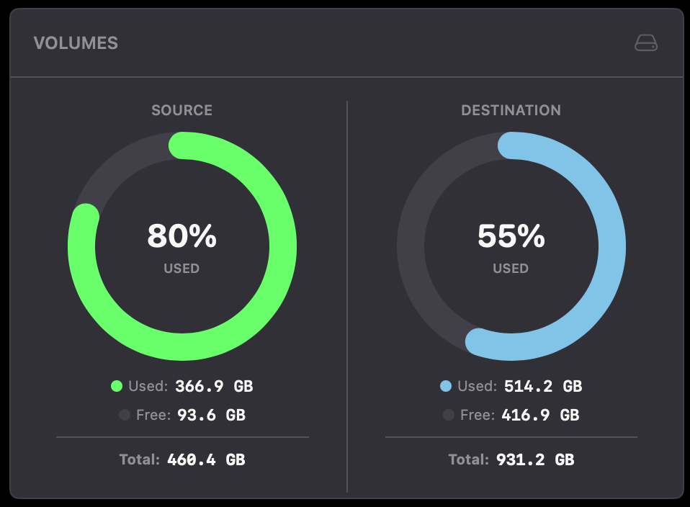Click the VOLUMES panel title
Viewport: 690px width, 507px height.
pyautogui.click(x=76, y=43)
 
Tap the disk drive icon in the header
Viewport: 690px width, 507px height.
pyautogui.click(x=646, y=43)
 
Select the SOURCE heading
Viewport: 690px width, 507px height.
pyautogui.click(x=182, y=110)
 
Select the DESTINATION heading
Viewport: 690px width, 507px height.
pyautogui.click(x=511, y=110)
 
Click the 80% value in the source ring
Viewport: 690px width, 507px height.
pyautogui.click(x=182, y=236)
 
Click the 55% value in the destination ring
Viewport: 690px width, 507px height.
pyautogui.click(x=511, y=236)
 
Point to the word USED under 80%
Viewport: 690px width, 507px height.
pyautogui.click(x=182, y=269)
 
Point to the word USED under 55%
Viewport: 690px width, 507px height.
pyautogui.click(x=511, y=269)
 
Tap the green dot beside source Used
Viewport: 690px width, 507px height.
pyautogui.click(x=117, y=386)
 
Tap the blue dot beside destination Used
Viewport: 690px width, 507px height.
pyautogui.click(x=446, y=386)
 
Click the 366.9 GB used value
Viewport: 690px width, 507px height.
pyautogui.click(x=214, y=386)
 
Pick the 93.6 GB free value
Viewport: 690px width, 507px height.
pyautogui.click(x=210, y=415)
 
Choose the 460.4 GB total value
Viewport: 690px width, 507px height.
pyautogui.click(x=206, y=459)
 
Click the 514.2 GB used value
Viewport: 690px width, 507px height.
pyautogui.click(x=542, y=386)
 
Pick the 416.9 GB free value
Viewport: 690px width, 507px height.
pyautogui.click(x=540, y=415)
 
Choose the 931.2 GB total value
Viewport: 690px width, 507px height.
pyautogui.click(x=535, y=459)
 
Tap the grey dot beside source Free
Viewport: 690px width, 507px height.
pyautogui.click(x=124, y=415)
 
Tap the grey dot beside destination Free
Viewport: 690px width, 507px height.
pyautogui.click(x=449, y=415)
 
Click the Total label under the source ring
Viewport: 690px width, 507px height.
pyautogui.click(x=139, y=459)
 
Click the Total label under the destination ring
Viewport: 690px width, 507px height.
pyautogui.click(x=468, y=459)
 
